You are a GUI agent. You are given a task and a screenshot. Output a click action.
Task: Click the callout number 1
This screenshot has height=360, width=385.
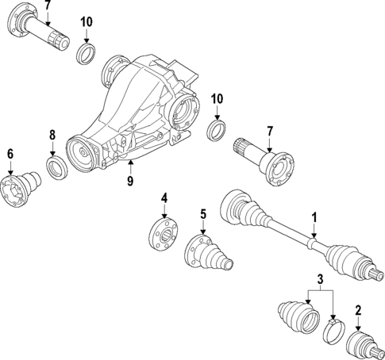(x=314, y=216)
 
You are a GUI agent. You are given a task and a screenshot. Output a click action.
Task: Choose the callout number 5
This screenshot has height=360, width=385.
(x=203, y=213)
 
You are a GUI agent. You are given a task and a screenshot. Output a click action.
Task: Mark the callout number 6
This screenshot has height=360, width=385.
(x=11, y=154)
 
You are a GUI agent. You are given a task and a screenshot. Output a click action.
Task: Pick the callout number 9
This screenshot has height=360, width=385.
(x=130, y=180)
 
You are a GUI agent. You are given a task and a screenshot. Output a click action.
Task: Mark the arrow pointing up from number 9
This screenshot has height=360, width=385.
(x=130, y=164)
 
